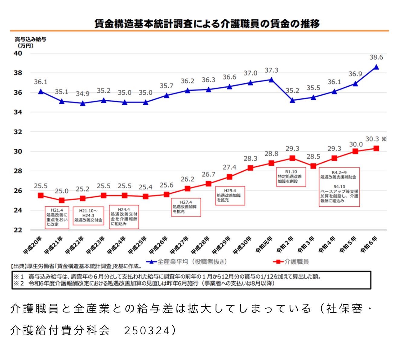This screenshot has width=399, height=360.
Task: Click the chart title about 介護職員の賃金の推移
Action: (x=207, y=24)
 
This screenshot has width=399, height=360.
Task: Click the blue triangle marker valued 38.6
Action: (x=376, y=67)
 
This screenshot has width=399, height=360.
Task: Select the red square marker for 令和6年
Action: (x=376, y=148)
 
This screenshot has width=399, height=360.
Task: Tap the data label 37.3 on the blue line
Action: (x=271, y=70)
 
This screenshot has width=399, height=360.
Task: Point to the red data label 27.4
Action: (x=229, y=167)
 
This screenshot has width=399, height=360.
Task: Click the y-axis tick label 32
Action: (x=18, y=132)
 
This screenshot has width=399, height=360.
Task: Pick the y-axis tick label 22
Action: (x=18, y=230)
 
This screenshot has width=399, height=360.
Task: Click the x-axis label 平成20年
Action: (x=33, y=245)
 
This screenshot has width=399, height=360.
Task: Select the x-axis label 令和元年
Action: (x=264, y=245)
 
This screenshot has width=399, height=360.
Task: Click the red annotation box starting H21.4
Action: (x=57, y=217)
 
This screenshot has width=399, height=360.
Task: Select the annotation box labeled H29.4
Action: (x=230, y=196)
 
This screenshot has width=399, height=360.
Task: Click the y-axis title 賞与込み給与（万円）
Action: (x=30, y=43)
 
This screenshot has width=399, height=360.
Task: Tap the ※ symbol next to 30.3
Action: (x=384, y=139)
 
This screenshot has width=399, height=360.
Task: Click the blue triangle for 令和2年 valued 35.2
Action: (x=292, y=100)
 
